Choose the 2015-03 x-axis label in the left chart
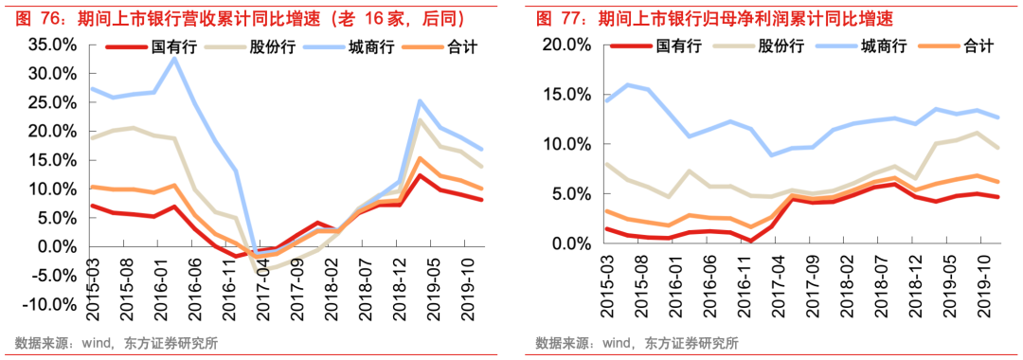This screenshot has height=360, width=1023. pyautogui.click(x=94, y=283)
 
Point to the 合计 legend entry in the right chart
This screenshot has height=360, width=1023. pyautogui.click(x=977, y=45)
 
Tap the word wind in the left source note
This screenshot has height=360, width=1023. pyautogui.click(x=96, y=343)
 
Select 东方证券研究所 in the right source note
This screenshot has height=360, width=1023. pyautogui.click(x=691, y=343)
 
